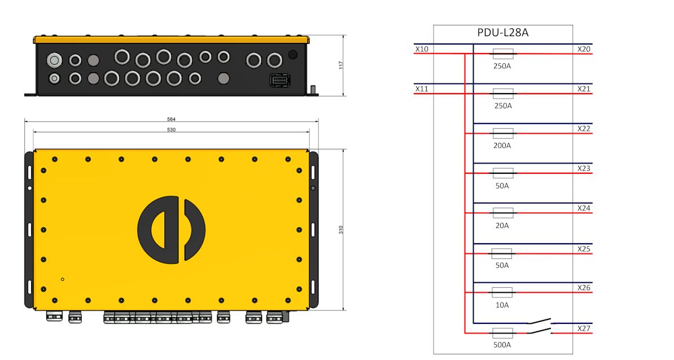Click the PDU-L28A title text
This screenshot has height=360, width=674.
coord(503,33)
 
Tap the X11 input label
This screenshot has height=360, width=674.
coord(422,89)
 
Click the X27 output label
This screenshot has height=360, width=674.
coord(584,328)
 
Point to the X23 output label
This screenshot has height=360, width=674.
coord(584,168)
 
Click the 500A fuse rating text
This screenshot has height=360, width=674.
coord(502,345)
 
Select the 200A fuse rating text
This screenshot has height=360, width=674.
coord(502,146)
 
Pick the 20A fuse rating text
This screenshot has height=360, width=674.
coord(502,225)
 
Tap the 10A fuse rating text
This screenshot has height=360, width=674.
coord(502,305)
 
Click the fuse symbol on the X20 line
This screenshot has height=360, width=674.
coord(503,54)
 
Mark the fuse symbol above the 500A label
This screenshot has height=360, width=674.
coord(502,333)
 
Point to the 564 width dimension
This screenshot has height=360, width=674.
coord(171,120)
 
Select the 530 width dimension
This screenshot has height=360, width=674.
coord(171,130)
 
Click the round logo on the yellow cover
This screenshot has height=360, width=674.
coord(171,229)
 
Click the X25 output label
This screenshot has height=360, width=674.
coord(584,249)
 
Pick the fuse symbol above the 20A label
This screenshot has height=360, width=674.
coord(502,213)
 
